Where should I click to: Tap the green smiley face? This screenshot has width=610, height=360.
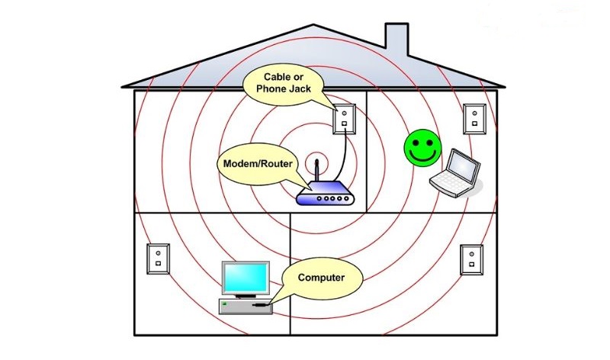point(423,148)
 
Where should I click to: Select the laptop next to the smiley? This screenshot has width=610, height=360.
point(456,173)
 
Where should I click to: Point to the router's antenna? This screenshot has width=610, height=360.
point(316,171)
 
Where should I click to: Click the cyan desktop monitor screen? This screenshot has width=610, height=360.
point(245,277)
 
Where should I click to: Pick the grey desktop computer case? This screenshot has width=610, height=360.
point(246,306)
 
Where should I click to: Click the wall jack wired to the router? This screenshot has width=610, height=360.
point(345,119)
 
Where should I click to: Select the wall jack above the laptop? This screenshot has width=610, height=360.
point(474,119)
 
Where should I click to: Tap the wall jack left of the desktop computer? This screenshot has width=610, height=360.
point(159,259)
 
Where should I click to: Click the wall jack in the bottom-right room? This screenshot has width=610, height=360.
point(472,260)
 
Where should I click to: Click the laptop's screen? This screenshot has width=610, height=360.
point(462,166)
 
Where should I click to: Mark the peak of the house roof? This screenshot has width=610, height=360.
point(313,25)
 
